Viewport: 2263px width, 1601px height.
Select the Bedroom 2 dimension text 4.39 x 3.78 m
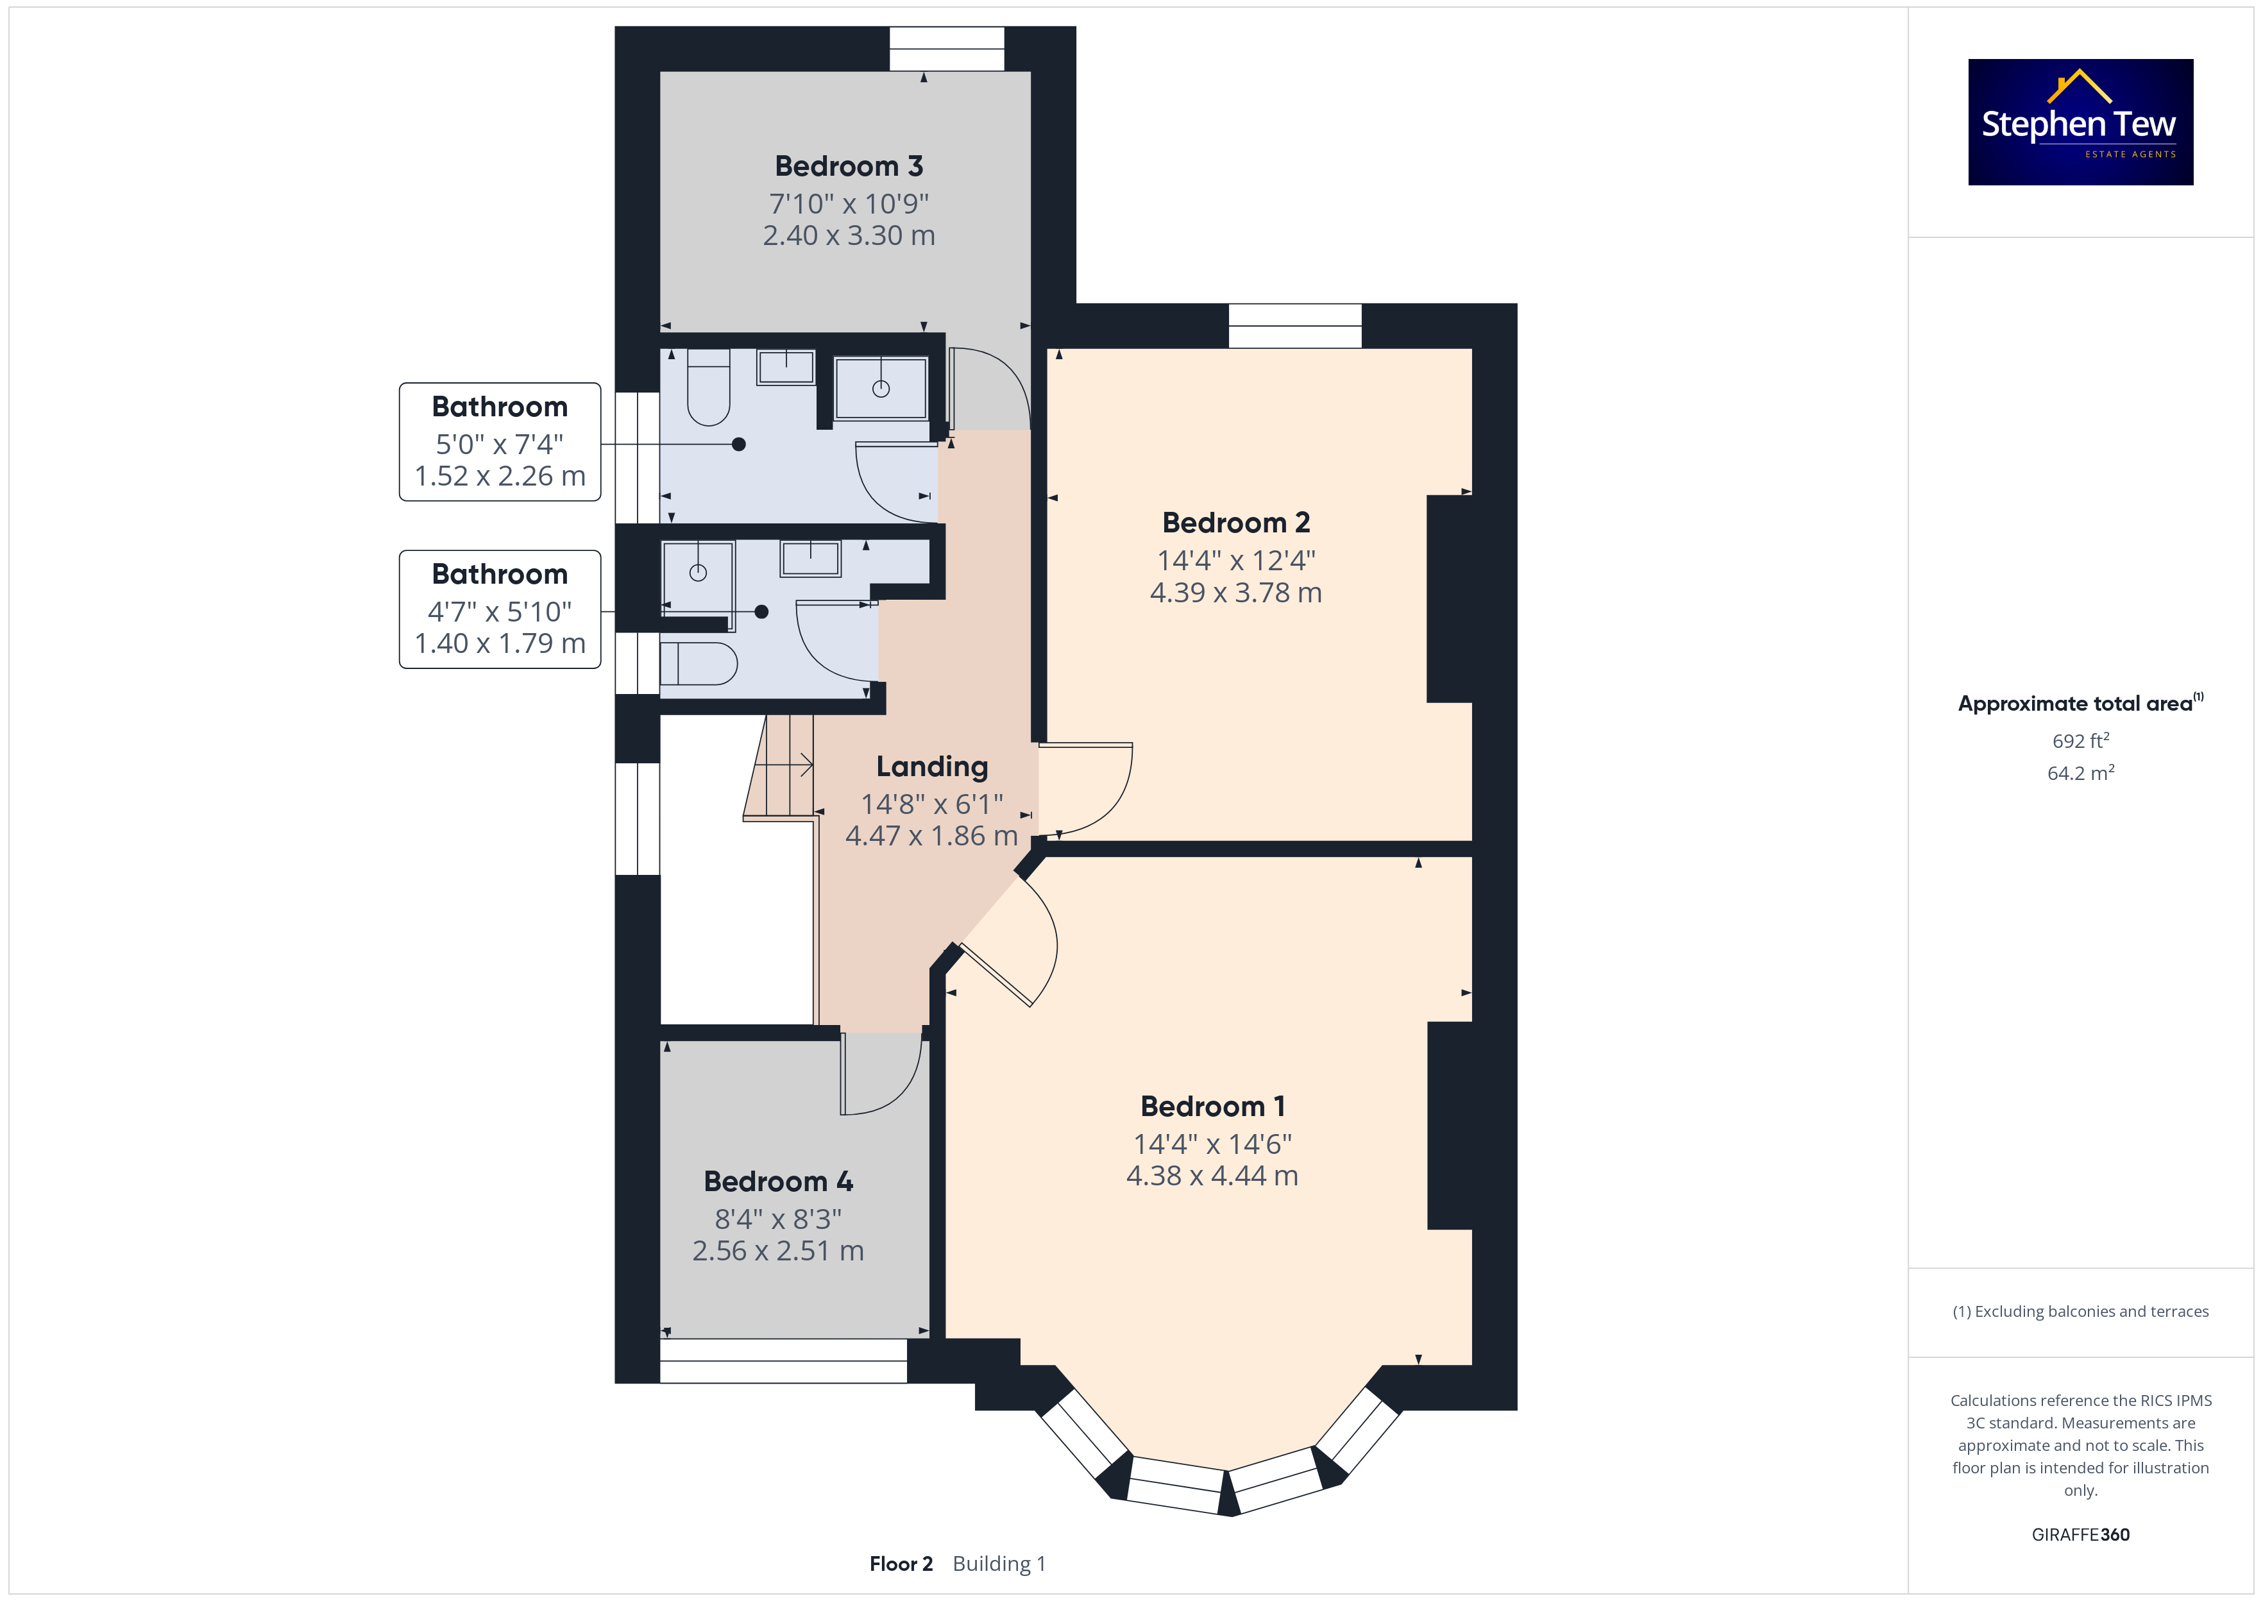tap(1236, 593)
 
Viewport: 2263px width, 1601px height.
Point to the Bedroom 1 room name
tap(1212, 1106)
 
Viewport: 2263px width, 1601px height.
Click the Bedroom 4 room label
tap(779, 1181)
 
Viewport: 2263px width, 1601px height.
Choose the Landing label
tap(933, 767)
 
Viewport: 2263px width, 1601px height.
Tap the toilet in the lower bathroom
tap(699, 665)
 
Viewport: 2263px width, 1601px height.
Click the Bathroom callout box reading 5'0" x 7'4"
tap(500, 442)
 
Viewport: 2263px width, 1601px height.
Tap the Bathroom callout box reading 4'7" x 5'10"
tap(500, 609)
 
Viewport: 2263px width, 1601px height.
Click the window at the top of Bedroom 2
tap(1295, 325)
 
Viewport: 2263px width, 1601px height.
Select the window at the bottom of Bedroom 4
tap(784, 1360)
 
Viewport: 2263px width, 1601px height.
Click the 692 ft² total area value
tap(2081, 740)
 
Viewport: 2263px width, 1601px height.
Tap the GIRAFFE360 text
tap(2081, 1535)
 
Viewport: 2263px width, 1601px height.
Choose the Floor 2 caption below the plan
tap(901, 1564)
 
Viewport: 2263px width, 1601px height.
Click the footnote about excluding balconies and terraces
tap(2081, 1311)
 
